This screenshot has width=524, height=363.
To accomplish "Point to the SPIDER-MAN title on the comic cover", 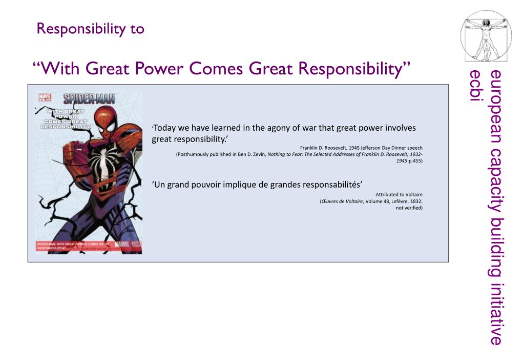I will (x=89, y=98).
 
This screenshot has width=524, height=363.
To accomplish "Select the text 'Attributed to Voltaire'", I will (x=399, y=194).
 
